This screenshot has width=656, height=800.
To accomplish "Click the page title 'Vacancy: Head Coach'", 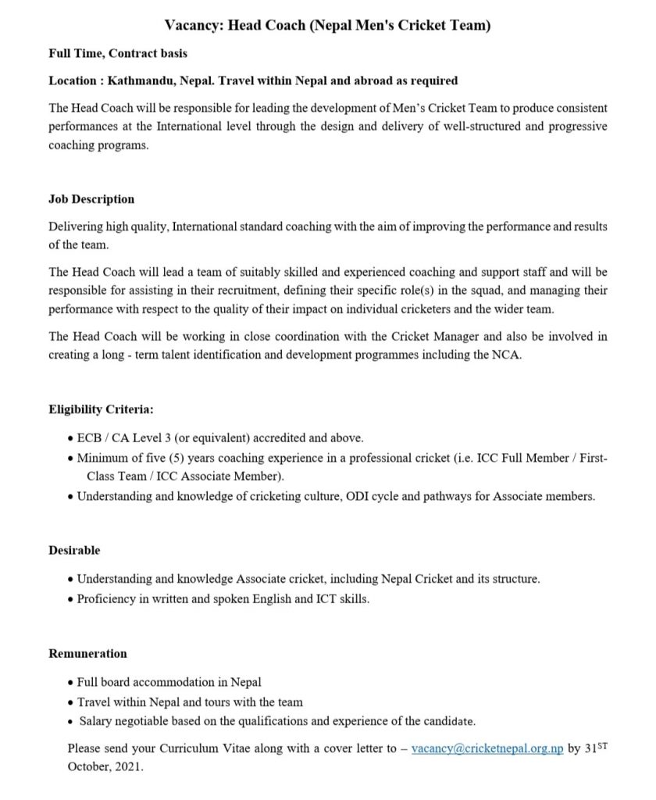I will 327,26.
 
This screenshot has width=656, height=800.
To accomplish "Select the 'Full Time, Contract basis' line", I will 118,54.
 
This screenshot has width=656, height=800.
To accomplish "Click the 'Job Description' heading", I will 91,199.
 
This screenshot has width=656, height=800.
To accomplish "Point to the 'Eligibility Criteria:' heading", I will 101,409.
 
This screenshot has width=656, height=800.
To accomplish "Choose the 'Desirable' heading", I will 74,550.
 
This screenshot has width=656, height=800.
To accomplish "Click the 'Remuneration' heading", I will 87,653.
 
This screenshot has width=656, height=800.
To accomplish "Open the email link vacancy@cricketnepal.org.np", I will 487,748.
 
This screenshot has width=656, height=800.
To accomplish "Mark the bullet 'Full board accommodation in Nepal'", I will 169,682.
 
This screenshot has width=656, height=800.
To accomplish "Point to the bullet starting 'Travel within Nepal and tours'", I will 190,702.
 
